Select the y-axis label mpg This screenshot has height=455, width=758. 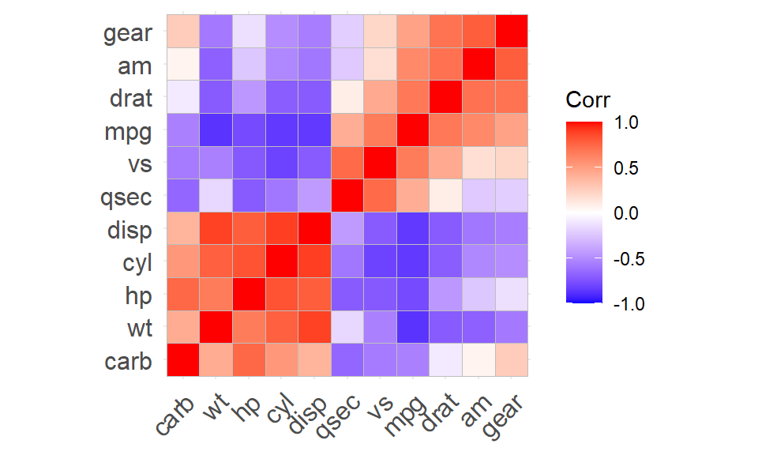pyautogui.click(x=127, y=132)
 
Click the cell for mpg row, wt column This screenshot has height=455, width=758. pyautogui.click(x=215, y=130)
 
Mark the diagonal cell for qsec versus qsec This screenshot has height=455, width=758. pyautogui.click(x=347, y=196)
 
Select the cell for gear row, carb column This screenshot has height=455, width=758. pyautogui.click(x=182, y=32)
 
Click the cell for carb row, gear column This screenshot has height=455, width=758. pyautogui.click(x=511, y=360)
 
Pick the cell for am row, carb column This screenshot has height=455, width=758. pyautogui.click(x=182, y=64)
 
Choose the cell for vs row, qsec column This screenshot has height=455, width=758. pyautogui.click(x=347, y=163)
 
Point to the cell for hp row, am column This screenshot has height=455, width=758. pyautogui.click(x=478, y=295)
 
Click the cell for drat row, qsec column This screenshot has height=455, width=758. pyautogui.click(x=347, y=97)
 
